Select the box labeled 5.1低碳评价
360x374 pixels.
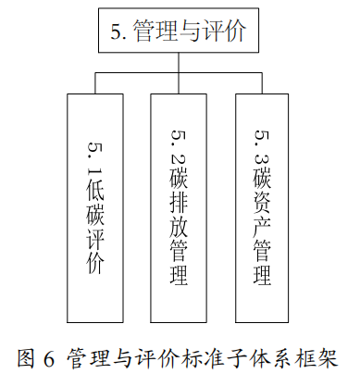(x=95, y=204)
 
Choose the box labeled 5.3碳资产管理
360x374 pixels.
(x=262, y=204)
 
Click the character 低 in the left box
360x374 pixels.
(x=95, y=175)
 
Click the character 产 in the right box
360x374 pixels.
(x=262, y=223)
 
